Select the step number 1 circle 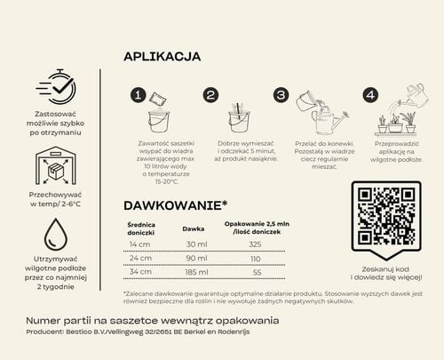click(137, 94)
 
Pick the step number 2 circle click(211, 94)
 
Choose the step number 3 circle click(281, 94)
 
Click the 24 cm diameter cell click(139, 258)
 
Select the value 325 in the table click(255, 244)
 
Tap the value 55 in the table click(255, 271)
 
